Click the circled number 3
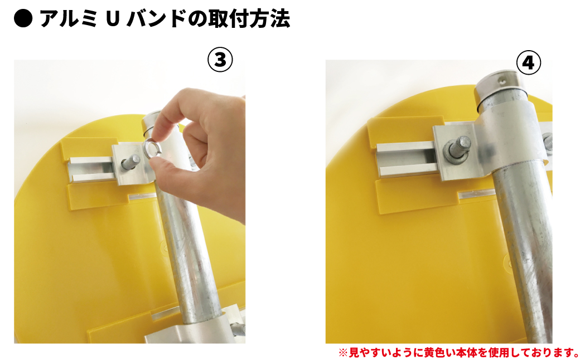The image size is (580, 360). coord(220,59)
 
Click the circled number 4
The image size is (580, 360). coord(528,64)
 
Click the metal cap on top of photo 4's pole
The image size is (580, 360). coord(501,85)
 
